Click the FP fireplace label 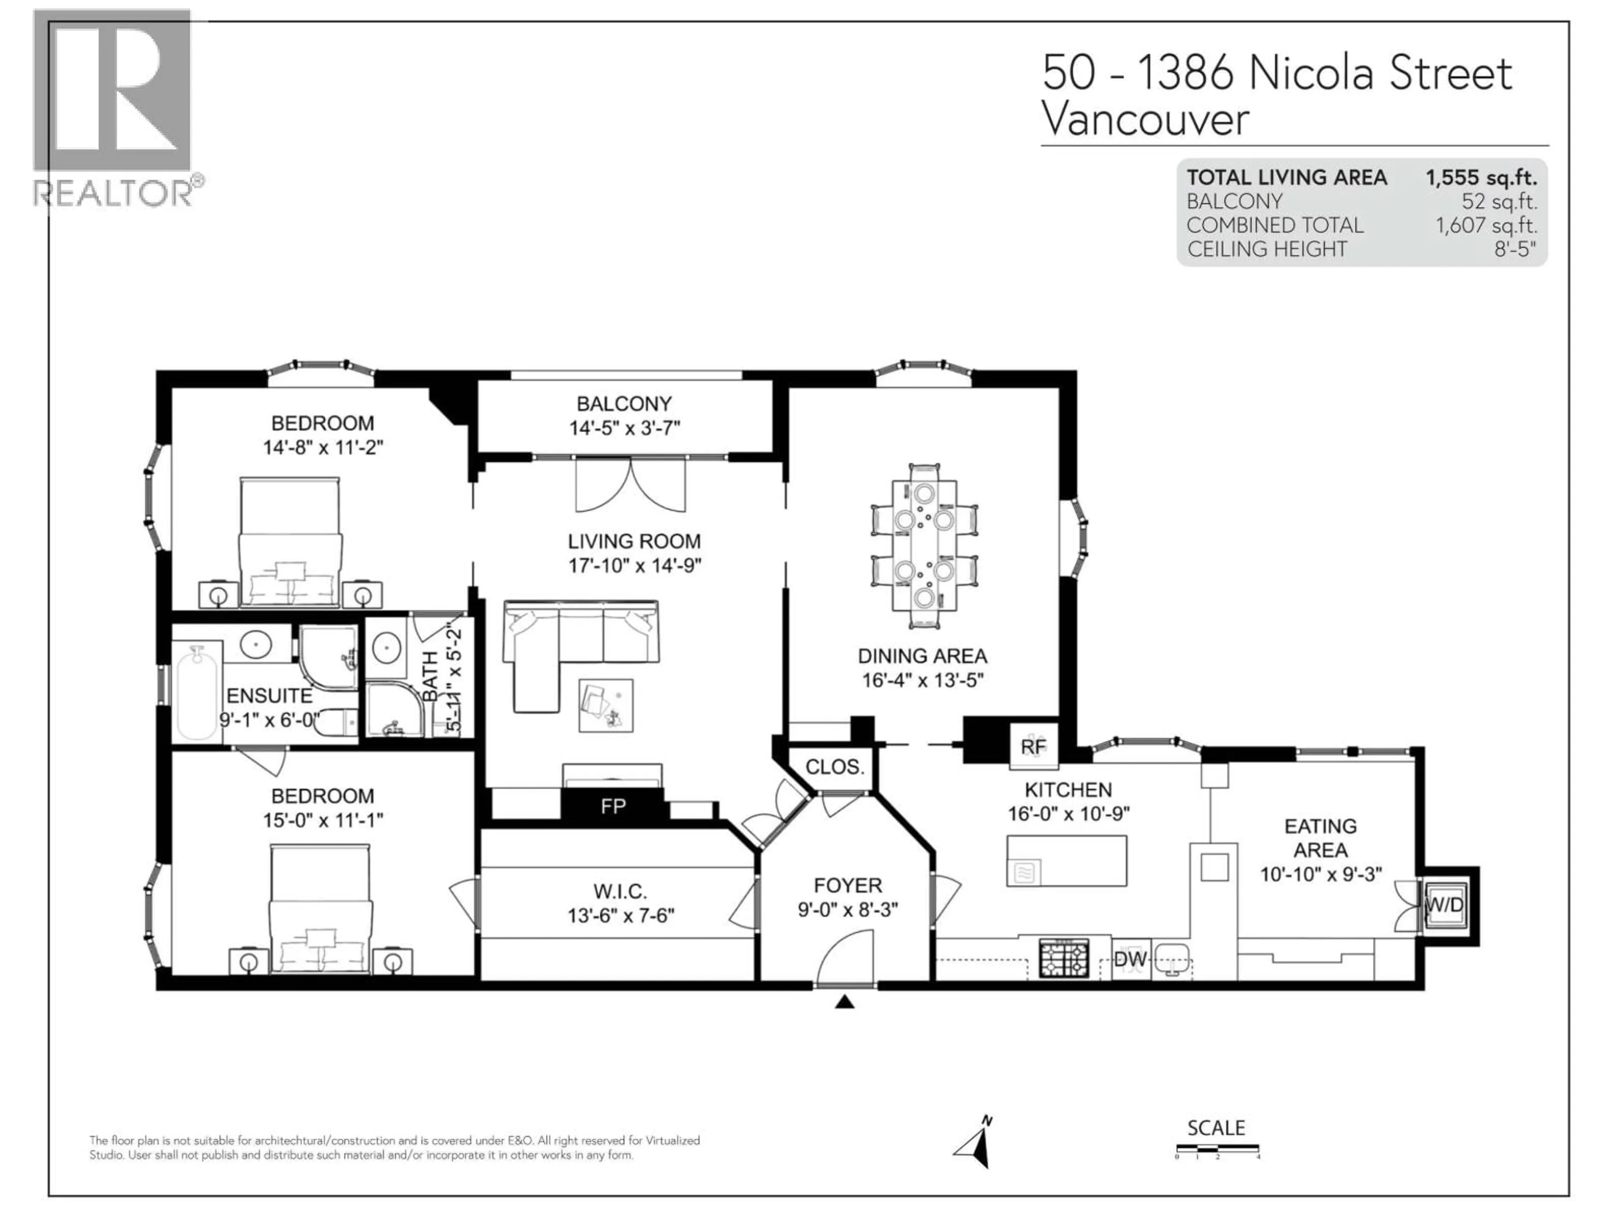[x=613, y=807]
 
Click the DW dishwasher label [x=1130, y=959]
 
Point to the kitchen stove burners [x=1064, y=959]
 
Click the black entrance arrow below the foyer [x=844, y=1001]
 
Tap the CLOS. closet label [x=835, y=767]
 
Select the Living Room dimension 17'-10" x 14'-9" [x=634, y=565]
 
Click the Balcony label [x=624, y=404]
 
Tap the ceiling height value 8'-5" [x=1514, y=249]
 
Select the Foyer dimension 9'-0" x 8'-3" [x=848, y=910]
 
